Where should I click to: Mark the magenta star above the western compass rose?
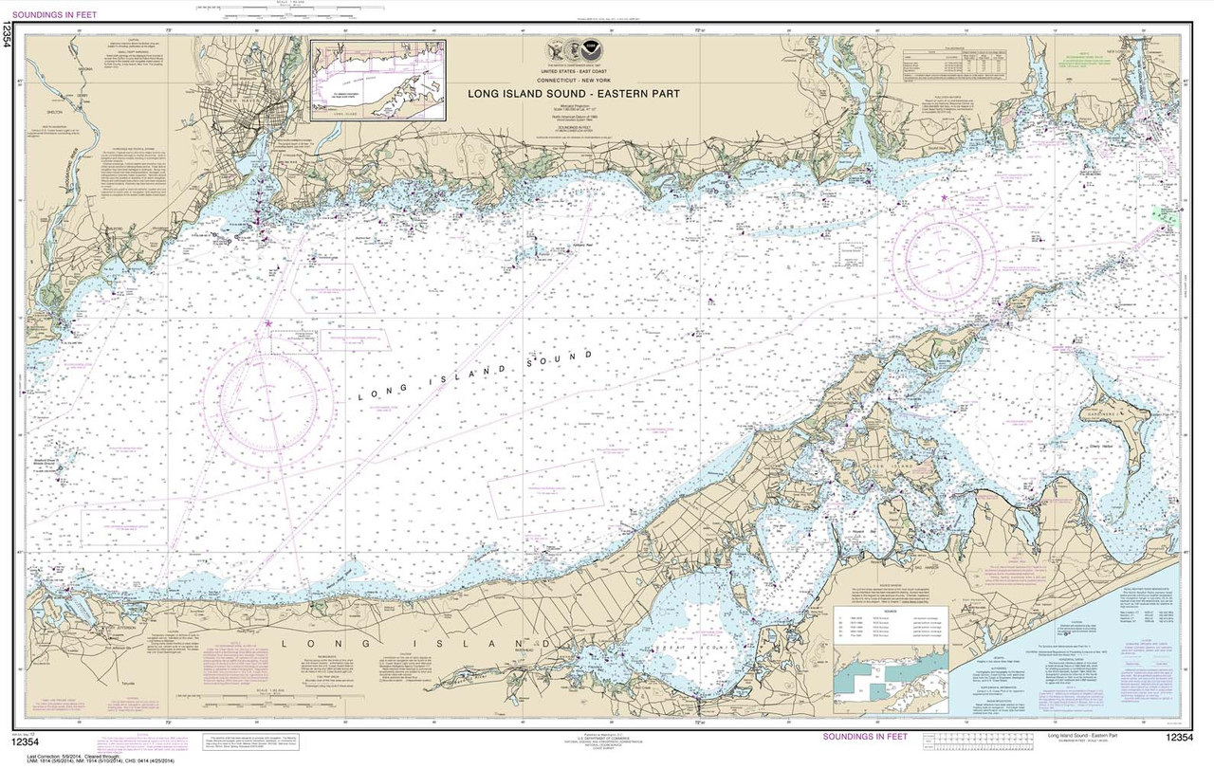point(267,324)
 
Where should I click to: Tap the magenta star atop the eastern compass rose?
point(945,197)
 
